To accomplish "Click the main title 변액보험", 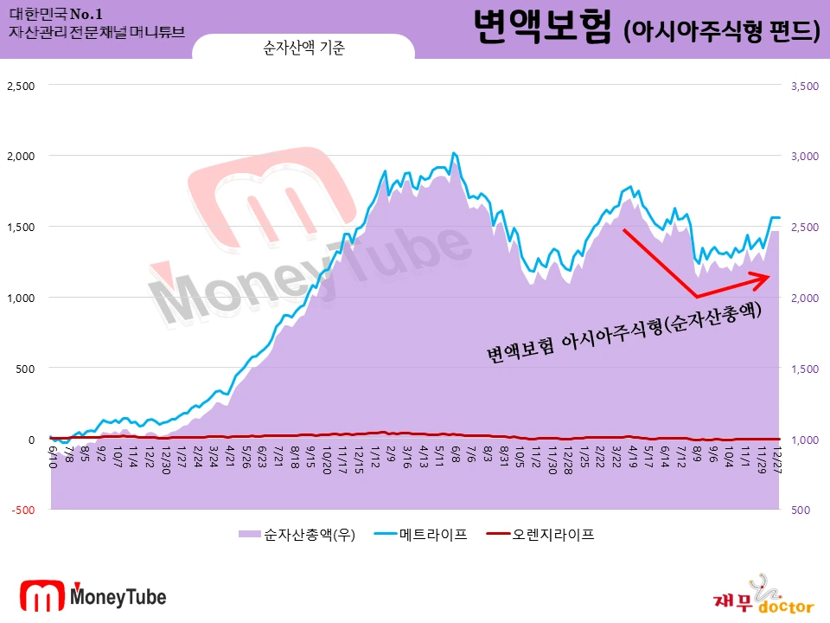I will pos(544,29).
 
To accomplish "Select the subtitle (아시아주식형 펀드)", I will pos(721,31).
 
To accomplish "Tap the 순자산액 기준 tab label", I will pos(303,49).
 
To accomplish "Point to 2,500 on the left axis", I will pos(22,86).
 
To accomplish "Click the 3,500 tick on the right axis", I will pos(803,86).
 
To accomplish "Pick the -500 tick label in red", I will pos(23,511).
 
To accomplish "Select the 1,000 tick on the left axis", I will pos(22,298).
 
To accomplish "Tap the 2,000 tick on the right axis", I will pos(803,298).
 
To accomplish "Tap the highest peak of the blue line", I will pos(453,153).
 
